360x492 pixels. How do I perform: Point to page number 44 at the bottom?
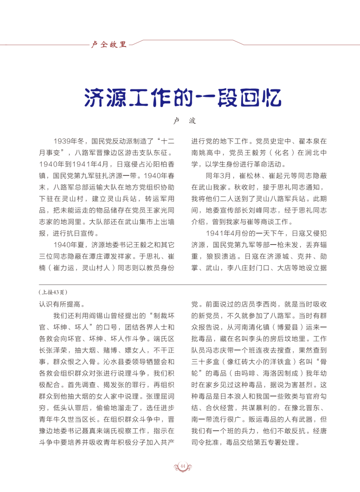click(x=182, y=465)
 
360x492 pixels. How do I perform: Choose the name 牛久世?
click(x=96, y=419)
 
